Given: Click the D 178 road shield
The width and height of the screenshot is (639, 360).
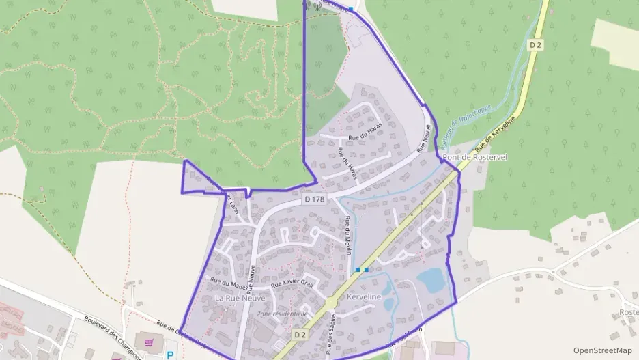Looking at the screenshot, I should (x=314, y=199).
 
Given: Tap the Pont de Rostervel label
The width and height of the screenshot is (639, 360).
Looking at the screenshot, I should (x=473, y=158).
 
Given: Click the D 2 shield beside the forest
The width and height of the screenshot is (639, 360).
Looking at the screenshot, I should (x=536, y=44).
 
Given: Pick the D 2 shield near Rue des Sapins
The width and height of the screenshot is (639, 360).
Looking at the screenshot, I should (x=301, y=335).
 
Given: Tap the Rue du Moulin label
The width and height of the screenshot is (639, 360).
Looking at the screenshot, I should (x=348, y=236).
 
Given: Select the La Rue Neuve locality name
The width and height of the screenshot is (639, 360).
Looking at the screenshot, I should (x=240, y=299).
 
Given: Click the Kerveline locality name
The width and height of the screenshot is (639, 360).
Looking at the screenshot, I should (x=363, y=297).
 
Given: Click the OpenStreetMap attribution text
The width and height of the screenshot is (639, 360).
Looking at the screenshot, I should (x=602, y=350).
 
